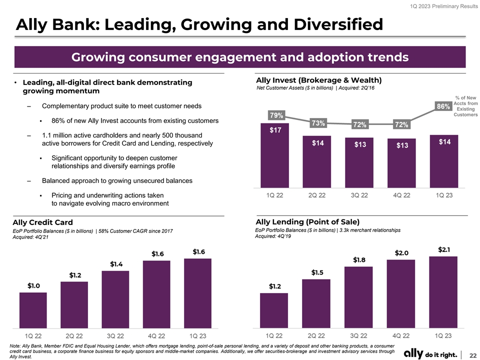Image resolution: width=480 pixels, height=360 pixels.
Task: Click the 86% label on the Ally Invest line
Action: coord(444,106)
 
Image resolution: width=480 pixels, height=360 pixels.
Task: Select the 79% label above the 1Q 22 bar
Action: coord(276,115)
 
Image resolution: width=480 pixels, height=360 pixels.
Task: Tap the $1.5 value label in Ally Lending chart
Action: coord(317,272)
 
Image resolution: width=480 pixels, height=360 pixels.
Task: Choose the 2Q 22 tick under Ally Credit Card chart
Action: coord(74,335)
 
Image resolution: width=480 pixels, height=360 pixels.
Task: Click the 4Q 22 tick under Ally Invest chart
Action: coord(401,195)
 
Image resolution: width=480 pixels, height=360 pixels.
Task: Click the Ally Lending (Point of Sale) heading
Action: coord(307,221)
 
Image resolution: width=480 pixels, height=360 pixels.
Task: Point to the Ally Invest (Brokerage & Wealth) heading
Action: coord(318,80)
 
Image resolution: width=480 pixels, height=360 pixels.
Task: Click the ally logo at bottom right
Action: coord(430,354)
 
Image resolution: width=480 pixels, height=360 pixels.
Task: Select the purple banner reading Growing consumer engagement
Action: coord(240,57)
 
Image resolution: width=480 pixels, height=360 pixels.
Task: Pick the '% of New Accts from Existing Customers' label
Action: coord(465,106)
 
